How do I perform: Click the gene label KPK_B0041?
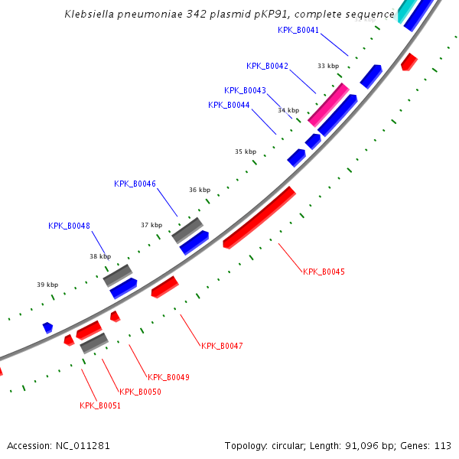coord(298,30)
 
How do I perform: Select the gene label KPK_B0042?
coord(267,66)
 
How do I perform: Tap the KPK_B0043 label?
coord(245,90)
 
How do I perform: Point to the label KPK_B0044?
coord(229,105)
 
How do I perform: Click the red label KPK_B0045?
coord(324,272)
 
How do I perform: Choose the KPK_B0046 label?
coord(135,184)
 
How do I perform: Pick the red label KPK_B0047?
coord(222,346)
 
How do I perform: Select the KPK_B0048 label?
coord(69,226)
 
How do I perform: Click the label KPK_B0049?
coord(168,377)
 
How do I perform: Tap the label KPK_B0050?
coord(140,392)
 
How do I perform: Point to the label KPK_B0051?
coord(100,405)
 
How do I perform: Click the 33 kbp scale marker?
coord(328,66)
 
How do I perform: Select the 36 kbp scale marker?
coord(199,190)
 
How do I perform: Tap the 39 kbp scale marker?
coord(47,285)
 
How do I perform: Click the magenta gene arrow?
coord(328,105)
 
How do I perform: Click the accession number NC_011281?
coord(82,445)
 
